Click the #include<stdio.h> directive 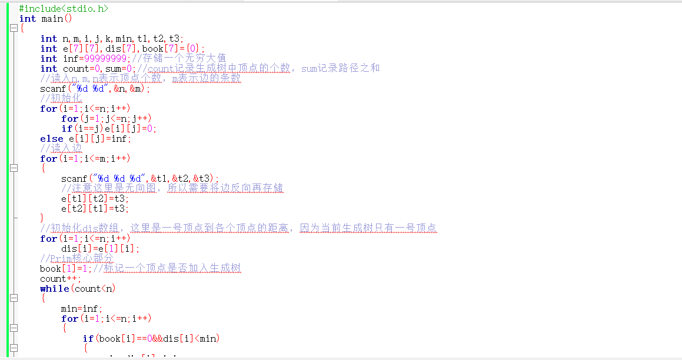click(64, 9)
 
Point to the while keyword click(54, 289)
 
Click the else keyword click(51, 139)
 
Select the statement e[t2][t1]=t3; click(95, 209)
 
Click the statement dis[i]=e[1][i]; click(100, 249)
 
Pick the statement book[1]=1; click(65, 269)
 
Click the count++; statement click(60, 279)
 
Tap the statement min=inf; click(82, 309)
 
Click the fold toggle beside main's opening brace click(14, 29)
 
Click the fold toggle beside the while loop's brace click(14, 299)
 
